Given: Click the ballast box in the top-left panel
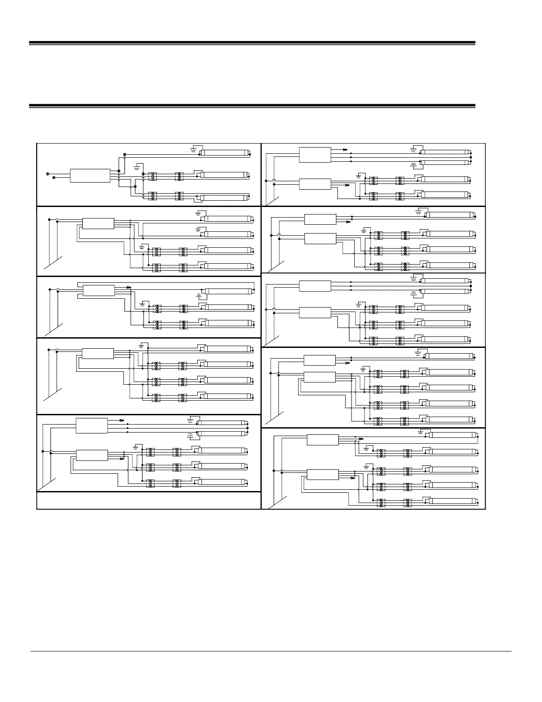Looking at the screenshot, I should click(x=90, y=175).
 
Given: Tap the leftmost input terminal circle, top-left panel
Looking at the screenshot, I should click(x=48, y=173).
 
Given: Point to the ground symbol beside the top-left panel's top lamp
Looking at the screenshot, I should click(x=193, y=149).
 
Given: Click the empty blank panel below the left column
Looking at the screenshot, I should click(x=148, y=500).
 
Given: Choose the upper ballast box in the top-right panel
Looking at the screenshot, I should click(x=315, y=155).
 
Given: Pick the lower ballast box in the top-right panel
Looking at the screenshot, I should click(x=315, y=184).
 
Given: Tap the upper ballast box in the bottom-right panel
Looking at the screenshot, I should click(x=322, y=440).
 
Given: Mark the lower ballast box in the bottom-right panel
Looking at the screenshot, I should click(x=322, y=474).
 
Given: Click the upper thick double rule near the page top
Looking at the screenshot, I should click(x=252, y=43).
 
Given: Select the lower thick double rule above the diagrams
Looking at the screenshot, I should click(x=252, y=106).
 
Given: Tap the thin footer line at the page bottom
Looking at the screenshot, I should click(x=271, y=651).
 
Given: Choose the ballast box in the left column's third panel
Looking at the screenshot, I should click(x=98, y=291).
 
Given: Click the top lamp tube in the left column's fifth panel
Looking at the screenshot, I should click(x=221, y=423).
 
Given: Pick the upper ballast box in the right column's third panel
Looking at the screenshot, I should click(x=315, y=286).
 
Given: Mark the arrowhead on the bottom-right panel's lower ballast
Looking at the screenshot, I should click(x=353, y=478).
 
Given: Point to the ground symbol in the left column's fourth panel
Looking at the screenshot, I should click(x=142, y=344).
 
